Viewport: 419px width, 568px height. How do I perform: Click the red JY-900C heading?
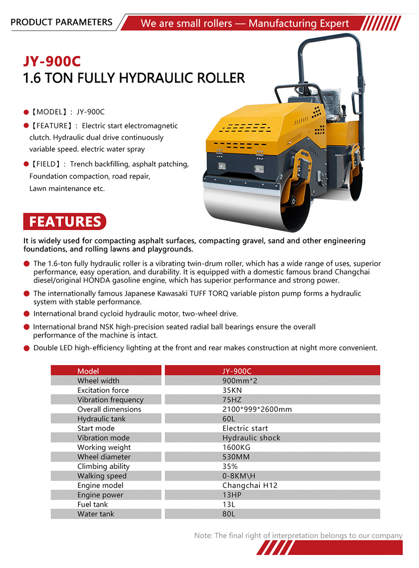click(52, 61)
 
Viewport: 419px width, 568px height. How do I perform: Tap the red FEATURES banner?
click(65, 221)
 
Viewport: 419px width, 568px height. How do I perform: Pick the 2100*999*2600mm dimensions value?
click(257, 409)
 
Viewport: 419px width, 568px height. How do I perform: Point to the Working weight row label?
click(104, 447)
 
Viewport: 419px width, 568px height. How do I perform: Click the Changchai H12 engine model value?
click(249, 485)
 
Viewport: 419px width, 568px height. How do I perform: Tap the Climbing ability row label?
click(103, 466)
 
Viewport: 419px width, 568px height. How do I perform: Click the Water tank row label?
click(96, 514)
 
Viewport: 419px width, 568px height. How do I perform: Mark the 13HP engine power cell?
click(231, 495)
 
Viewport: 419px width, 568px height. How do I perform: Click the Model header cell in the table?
click(88, 371)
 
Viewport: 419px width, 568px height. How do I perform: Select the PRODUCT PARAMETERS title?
click(61, 22)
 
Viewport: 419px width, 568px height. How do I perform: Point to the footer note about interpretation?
click(298, 536)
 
